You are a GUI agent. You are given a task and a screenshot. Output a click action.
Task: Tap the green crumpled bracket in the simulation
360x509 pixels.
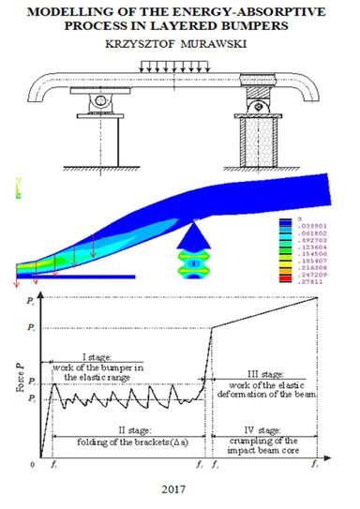pos(191,264)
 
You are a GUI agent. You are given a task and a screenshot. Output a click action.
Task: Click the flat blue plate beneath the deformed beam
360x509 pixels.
pos(75,276)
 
